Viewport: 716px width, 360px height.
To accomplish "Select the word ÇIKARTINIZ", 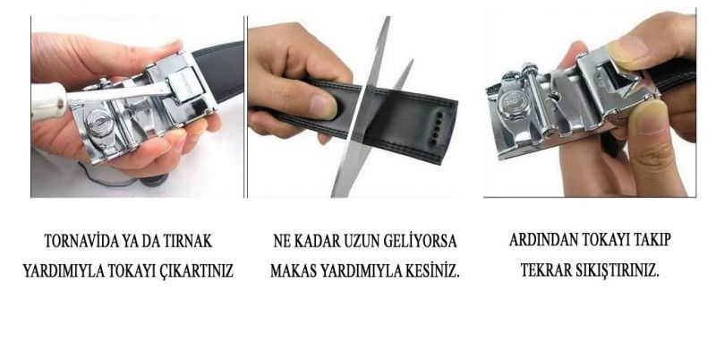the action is (197, 270).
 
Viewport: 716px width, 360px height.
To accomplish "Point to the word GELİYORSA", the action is (420, 241).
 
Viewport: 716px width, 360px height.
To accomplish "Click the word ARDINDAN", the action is (542, 239).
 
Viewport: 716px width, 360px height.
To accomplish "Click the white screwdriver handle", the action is (48, 101).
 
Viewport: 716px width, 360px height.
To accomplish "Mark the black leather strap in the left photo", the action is (220, 70).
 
